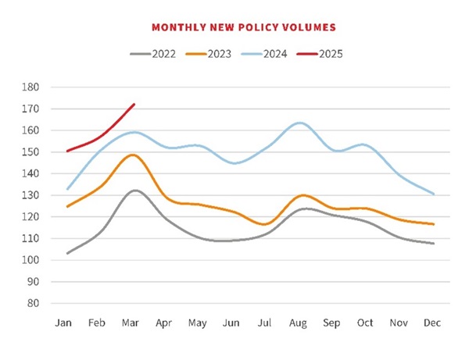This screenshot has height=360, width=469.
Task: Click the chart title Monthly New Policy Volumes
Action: point(243,27)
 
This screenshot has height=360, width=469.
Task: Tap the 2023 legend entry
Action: point(224,54)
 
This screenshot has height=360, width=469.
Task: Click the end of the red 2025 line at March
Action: point(134,104)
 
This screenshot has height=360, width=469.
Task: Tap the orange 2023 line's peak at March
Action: point(134,155)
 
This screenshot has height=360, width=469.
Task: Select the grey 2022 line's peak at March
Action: point(134,191)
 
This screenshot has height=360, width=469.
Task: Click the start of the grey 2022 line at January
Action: point(67,253)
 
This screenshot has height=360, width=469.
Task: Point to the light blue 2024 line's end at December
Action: point(434,194)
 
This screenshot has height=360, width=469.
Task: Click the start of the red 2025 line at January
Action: point(67,151)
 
